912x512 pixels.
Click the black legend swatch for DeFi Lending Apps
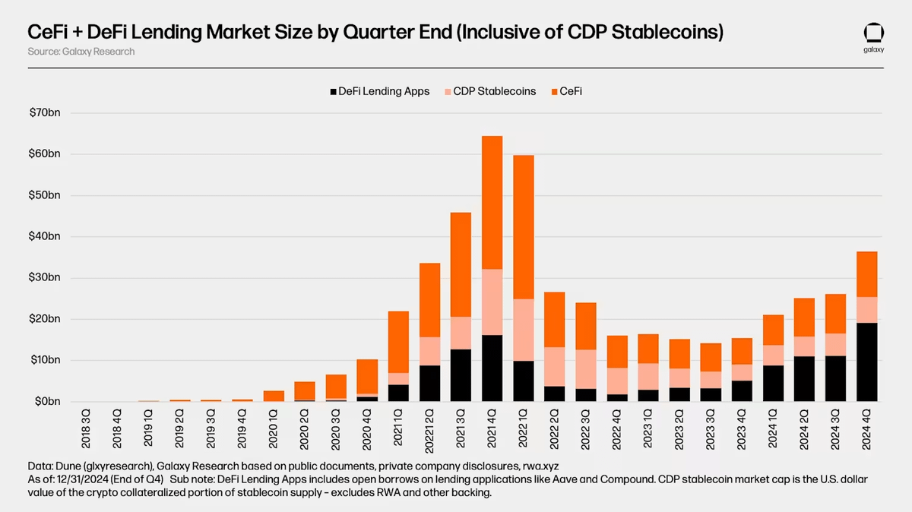(333, 92)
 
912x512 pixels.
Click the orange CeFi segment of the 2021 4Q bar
(492, 202)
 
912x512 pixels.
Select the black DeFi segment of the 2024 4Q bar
(866, 362)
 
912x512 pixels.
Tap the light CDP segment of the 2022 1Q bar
(523, 330)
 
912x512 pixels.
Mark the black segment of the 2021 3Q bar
(461, 375)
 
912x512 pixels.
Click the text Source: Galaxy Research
(81, 52)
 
